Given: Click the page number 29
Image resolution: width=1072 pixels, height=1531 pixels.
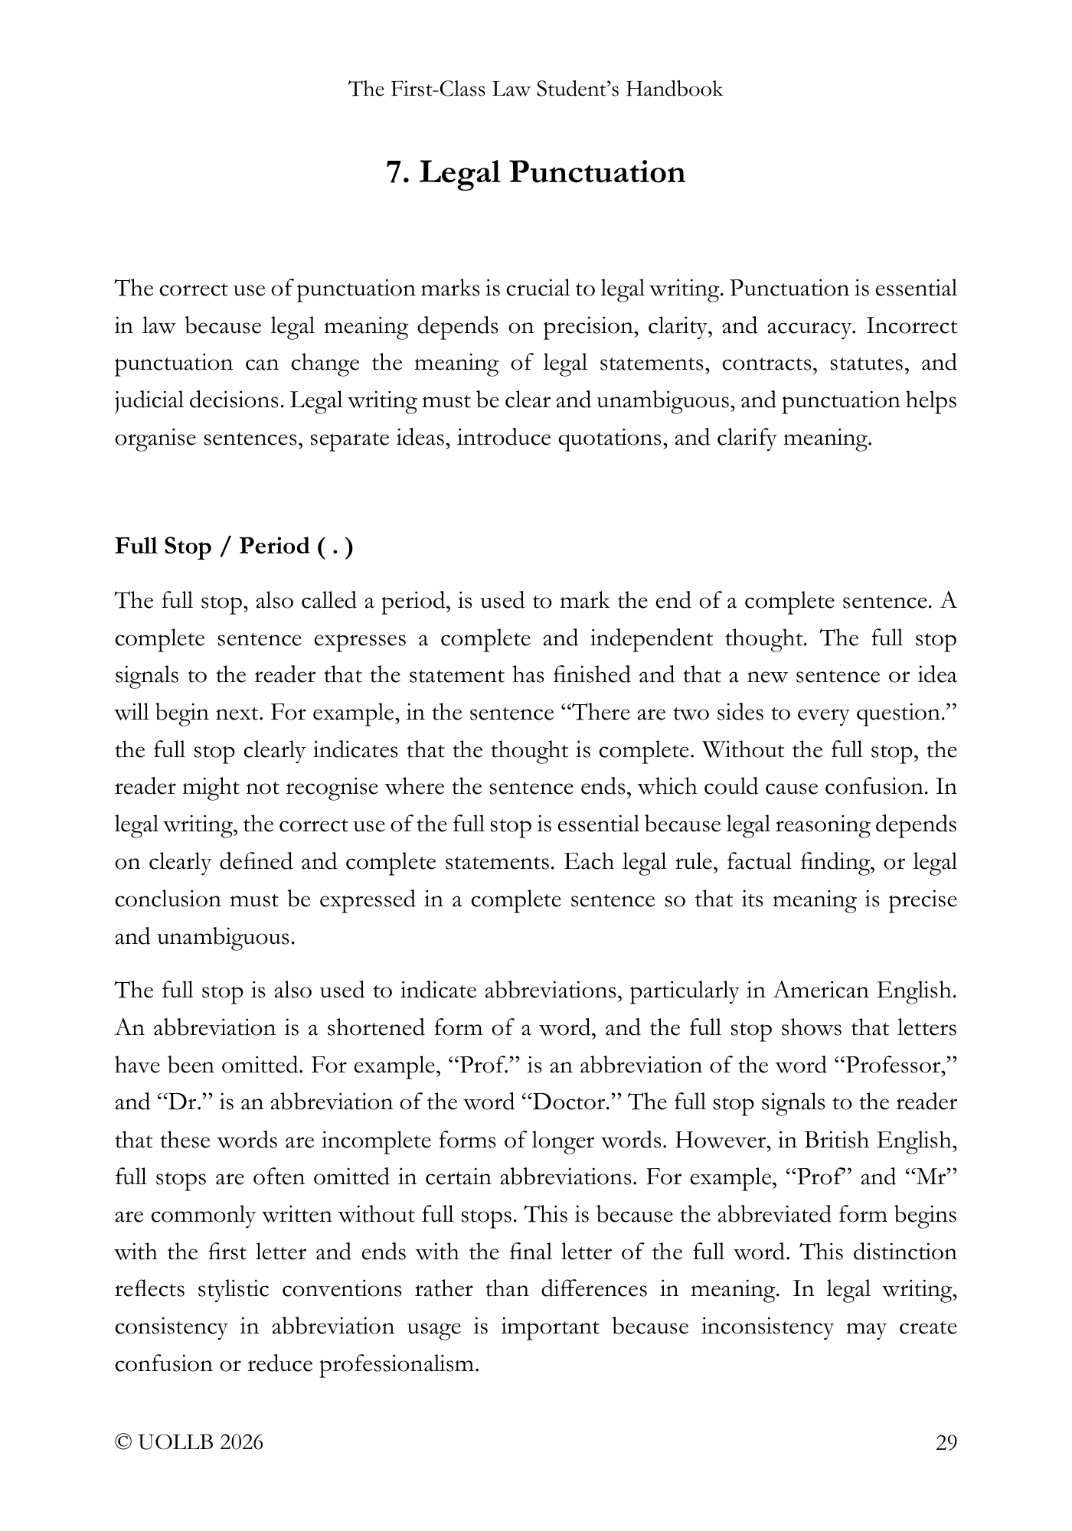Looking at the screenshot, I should [946, 1442].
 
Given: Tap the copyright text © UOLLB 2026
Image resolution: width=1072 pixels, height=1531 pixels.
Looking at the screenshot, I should [188, 1442].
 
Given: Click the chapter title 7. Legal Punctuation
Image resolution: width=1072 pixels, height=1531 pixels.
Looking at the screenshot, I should [535, 172].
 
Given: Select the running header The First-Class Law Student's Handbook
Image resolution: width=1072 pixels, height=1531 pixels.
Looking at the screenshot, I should [535, 90].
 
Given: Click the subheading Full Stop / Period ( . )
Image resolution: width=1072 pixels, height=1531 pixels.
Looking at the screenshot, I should [234, 547].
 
